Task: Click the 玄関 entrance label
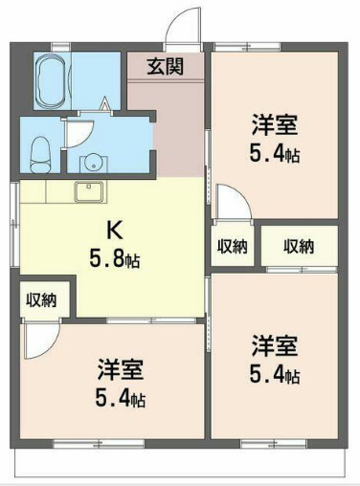pyautogui.click(x=166, y=66)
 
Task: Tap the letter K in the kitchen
pyautogui.click(x=111, y=230)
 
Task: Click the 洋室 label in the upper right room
pyautogui.click(x=275, y=124)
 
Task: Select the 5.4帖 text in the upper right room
pyautogui.click(x=275, y=152)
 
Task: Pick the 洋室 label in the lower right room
pyautogui.click(x=275, y=344)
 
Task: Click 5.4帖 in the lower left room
pyautogui.click(x=120, y=397)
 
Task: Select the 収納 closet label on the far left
pyautogui.click(x=40, y=299)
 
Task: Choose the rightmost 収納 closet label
pyautogui.click(x=299, y=246)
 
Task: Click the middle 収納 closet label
pyautogui.click(x=232, y=246)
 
